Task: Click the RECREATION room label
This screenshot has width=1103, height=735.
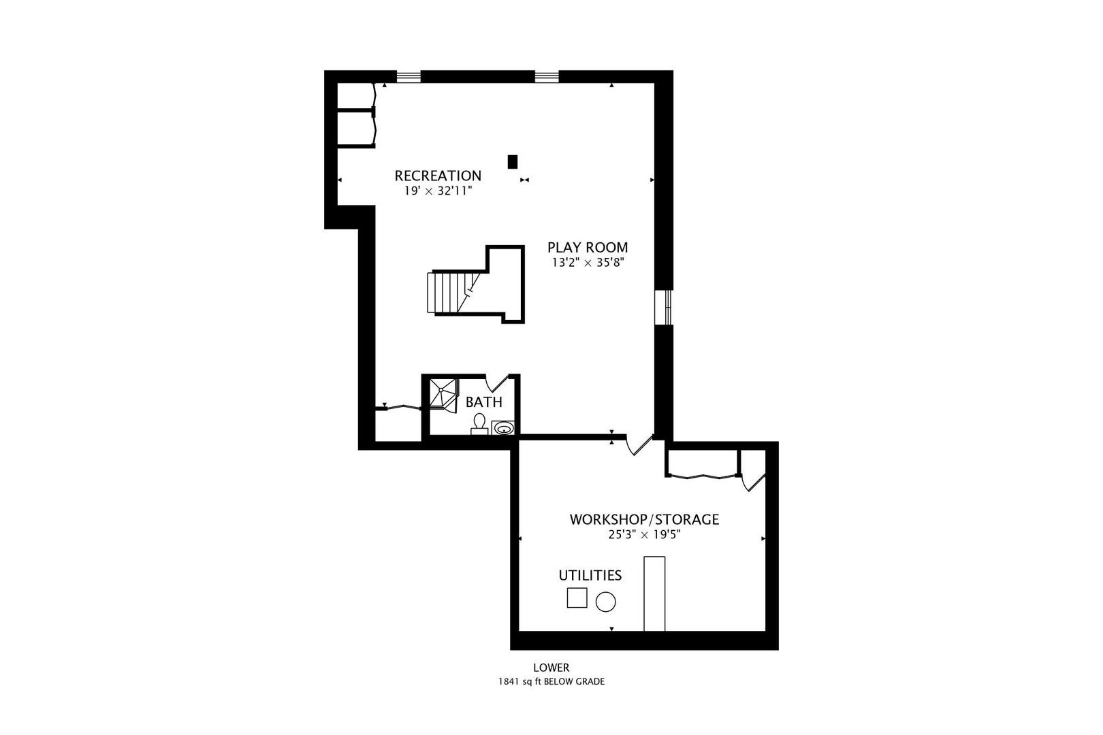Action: click(438, 176)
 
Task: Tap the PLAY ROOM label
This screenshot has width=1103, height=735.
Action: click(588, 247)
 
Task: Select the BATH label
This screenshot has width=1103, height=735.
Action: click(483, 402)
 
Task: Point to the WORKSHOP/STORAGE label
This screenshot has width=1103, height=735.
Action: click(644, 519)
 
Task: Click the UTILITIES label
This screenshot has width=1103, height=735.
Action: click(590, 575)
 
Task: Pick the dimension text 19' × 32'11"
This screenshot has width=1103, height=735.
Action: click(438, 191)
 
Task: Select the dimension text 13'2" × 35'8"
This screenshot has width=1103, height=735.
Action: click(588, 263)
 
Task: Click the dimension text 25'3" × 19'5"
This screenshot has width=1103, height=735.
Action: click(644, 535)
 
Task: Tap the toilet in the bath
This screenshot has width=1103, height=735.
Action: click(479, 425)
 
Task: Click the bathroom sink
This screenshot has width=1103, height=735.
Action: click(503, 428)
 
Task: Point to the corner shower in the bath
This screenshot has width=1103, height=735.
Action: click(443, 394)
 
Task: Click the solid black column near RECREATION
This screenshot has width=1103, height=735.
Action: click(513, 162)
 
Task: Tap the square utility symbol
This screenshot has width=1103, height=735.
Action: click(577, 598)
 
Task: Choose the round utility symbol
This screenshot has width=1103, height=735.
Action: click(606, 602)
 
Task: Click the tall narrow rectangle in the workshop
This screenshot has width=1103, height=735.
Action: click(654, 593)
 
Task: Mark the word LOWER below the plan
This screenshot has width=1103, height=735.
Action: click(551, 668)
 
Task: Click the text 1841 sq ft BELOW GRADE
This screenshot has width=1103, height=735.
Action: click(551, 682)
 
